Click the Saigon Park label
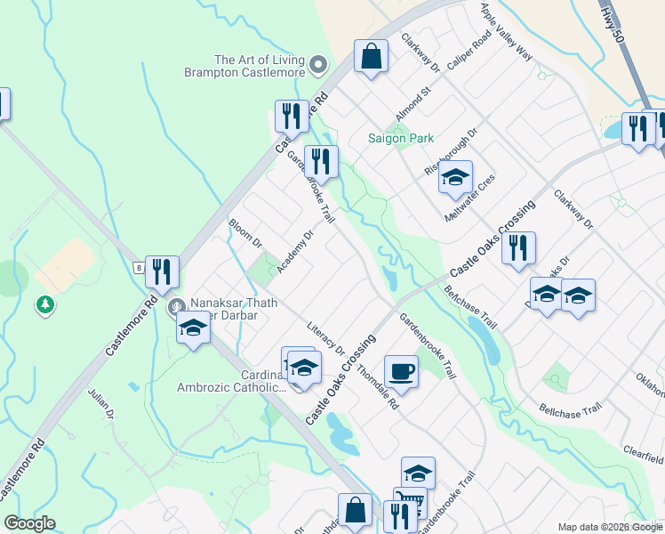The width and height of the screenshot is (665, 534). pos(401,138)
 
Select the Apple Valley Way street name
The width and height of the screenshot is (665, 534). pos(506,31)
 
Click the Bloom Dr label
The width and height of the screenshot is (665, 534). pos(245,234)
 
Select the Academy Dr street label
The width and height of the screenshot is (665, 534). pos(294,254)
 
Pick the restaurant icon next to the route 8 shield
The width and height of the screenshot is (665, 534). pos(162,271)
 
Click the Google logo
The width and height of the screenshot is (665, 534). pos(29,523)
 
